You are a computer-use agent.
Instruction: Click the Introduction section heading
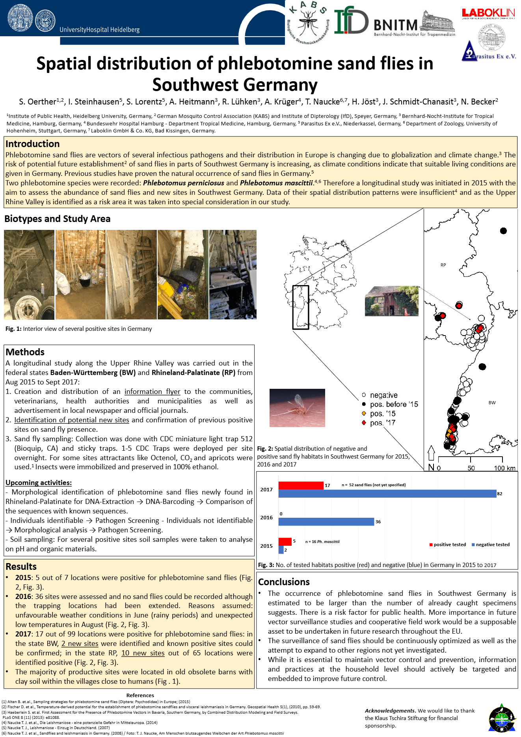[33, 144]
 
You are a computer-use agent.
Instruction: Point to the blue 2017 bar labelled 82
[387, 494]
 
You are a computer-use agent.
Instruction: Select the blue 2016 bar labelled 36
[326, 522]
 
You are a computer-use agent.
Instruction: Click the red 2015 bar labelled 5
[285, 541]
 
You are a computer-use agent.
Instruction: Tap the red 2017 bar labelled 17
[301, 485]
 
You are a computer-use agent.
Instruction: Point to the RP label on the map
[443, 265]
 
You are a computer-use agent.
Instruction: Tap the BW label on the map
[492, 403]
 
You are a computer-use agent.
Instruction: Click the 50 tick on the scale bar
[471, 468]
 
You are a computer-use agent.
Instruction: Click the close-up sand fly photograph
[297, 408]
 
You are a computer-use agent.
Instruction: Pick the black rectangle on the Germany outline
[300, 307]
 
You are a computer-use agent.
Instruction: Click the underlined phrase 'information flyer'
[152, 392]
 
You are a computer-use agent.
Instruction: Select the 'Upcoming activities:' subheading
[39, 483]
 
